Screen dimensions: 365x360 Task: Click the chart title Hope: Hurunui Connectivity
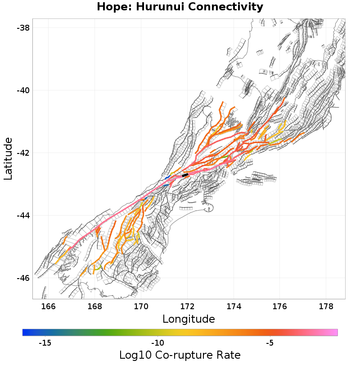click(180, 7)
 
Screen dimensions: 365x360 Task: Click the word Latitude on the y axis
click(8, 159)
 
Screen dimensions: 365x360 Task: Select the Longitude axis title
click(189, 319)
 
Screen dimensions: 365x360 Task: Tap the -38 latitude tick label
click(22, 28)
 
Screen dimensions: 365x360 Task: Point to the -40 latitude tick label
click(22, 90)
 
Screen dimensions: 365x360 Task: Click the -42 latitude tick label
click(22, 153)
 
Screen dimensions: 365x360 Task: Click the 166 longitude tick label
click(48, 306)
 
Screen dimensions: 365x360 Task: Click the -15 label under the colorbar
click(45, 343)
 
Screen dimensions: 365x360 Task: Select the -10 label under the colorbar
click(157, 343)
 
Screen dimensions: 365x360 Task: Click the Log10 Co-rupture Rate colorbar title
click(180, 355)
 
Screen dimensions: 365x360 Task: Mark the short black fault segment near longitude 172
click(185, 175)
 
